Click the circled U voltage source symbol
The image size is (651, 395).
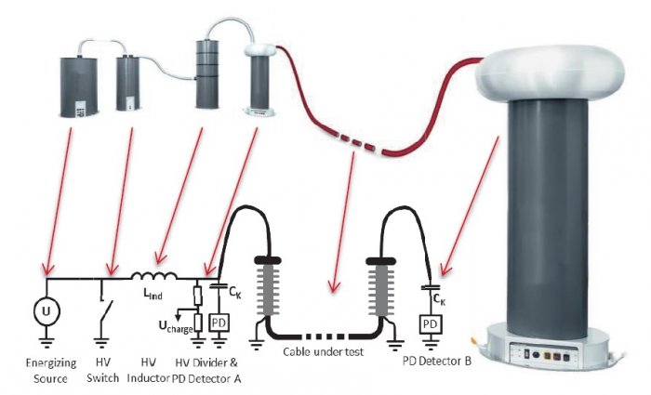click(x=46, y=310)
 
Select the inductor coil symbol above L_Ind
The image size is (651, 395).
click(x=154, y=276)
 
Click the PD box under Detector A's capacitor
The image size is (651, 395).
click(x=219, y=323)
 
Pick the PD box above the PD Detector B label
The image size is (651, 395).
click(x=431, y=324)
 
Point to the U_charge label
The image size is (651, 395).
click(x=176, y=325)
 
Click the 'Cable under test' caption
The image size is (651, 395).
click(x=323, y=352)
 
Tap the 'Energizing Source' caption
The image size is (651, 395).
click(x=51, y=371)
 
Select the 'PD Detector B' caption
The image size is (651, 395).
click(x=437, y=361)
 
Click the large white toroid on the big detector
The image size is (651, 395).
click(x=550, y=73)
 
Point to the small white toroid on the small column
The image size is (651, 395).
click(x=259, y=50)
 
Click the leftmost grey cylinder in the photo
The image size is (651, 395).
click(x=79, y=87)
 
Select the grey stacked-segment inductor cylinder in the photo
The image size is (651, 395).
click(x=206, y=73)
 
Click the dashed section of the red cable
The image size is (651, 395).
click(x=356, y=143)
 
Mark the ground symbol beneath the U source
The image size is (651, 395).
click(x=46, y=342)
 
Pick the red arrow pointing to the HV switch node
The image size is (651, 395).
click(x=121, y=202)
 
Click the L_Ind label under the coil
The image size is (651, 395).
click(x=153, y=294)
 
